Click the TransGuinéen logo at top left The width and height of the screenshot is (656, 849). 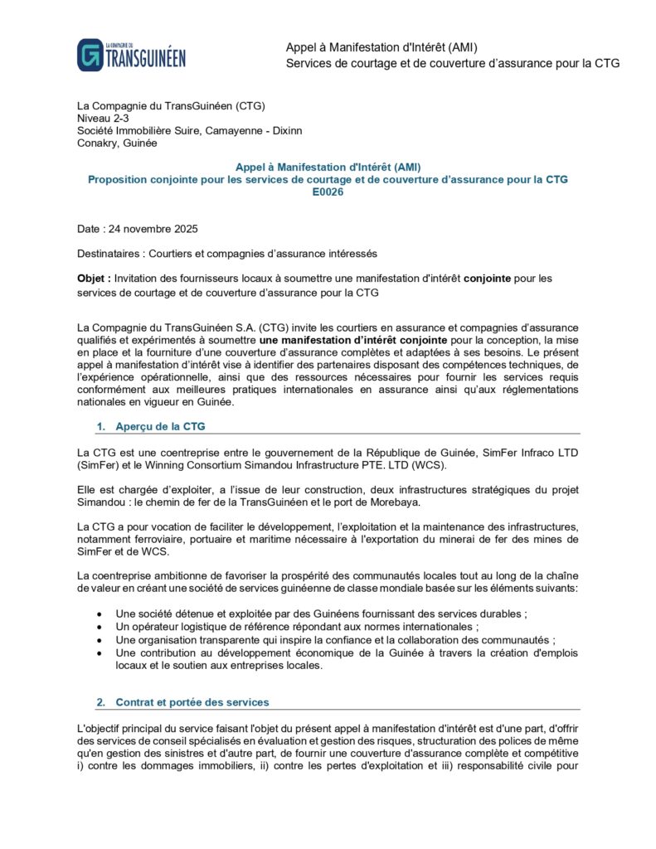tap(131, 55)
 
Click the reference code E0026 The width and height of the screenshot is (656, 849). tap(328, 192)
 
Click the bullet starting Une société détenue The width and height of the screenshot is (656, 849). tap(322, 614)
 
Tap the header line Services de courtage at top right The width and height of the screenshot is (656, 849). tap(452, 63)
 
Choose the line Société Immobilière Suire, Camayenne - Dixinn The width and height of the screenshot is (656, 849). tap(189, 130)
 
